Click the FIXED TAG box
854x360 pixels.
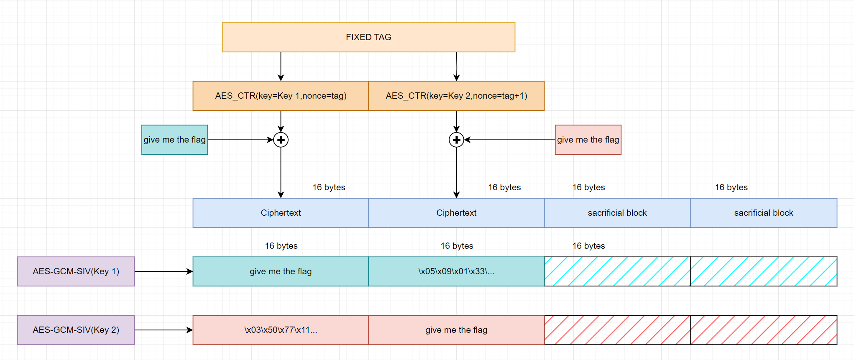click(368, 37)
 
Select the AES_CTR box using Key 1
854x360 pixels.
click(281, 96)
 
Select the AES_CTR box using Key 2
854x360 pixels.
click(456, 96)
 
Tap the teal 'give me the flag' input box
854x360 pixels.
click(174, 140)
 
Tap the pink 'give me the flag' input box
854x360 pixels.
click(588, 140)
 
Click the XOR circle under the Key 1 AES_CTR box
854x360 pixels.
click(281, 140)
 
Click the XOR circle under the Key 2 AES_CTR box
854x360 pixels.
click(456, 140)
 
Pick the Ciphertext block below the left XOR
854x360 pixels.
click(281, 213)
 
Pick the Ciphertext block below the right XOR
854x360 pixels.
click(456, 213)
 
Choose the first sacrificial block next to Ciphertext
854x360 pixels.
click(617, 213)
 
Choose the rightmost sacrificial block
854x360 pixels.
click(764, 213)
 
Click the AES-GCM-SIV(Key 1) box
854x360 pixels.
click(76, 271)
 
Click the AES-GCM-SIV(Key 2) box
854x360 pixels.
click(76, 330)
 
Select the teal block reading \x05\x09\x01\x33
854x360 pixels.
click(456, 271)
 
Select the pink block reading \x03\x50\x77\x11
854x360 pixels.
click(281, 330)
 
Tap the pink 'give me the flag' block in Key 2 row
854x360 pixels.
click(456, 330)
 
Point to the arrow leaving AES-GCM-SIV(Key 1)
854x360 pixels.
click(163, 271)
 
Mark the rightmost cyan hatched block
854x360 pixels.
click(764, 271)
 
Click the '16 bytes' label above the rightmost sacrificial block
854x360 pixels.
click(731, 187)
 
